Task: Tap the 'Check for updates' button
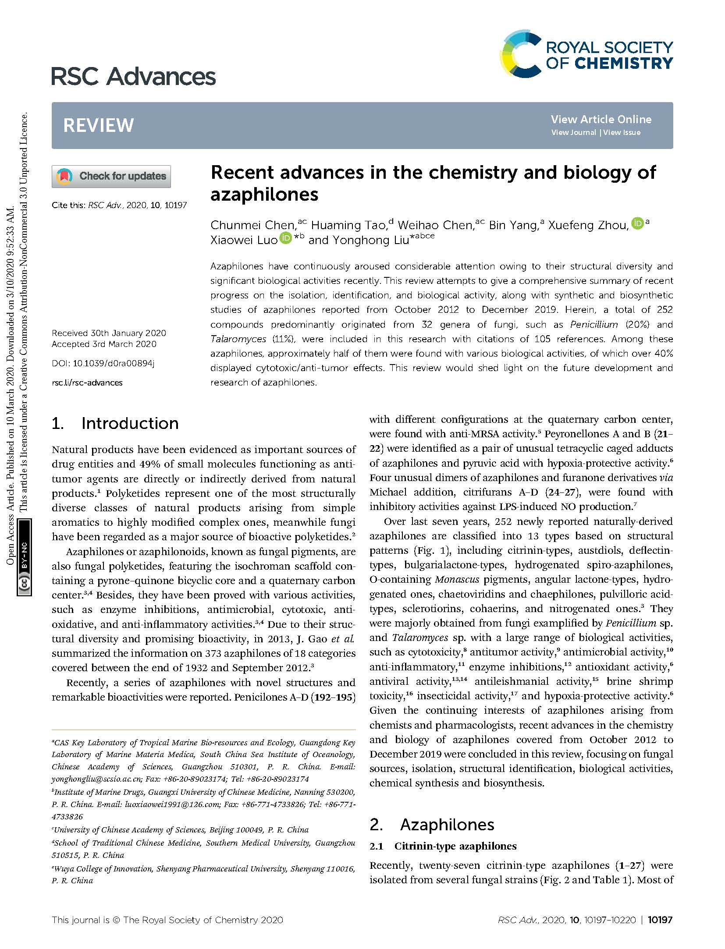click(x=111, y=176)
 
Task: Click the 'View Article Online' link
click(x=601, y=119)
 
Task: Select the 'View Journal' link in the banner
click(x=573, y=132)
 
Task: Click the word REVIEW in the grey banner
click(x=98, y=125)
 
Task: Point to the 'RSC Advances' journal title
click(x=134, y=77)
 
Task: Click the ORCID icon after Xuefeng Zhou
click(x=637, y=223)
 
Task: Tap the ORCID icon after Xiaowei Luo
click(x=286, y=238)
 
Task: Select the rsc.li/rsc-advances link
click(x=87, y=382)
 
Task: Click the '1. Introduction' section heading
click(x=115, y=423)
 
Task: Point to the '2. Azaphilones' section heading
click(x=432, y=825)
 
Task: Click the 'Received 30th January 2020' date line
click(x=109, y=333)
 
